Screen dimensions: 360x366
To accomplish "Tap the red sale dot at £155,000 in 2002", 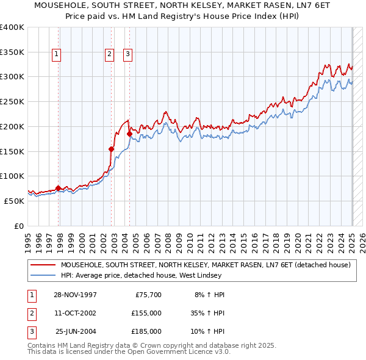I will tap(112, 148).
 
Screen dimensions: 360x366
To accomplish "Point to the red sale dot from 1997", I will tap(59, 188).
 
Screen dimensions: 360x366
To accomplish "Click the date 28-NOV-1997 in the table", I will tap(76, 294).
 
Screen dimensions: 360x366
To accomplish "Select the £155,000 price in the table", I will tap(146, 312).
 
